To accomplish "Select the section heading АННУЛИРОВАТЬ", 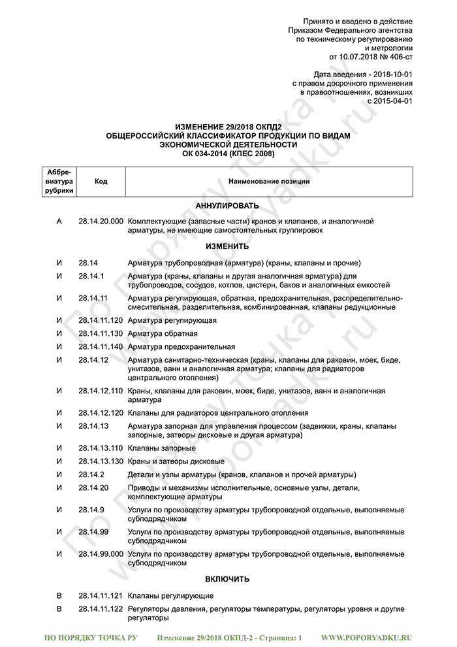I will pos(227,206).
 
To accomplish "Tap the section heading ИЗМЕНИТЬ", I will pos(227,247).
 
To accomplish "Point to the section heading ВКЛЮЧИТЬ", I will pos(227,580).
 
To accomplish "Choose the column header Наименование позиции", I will pos(269,181).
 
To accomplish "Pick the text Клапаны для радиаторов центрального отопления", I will pos(218,414).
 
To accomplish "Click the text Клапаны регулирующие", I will pos(170,596).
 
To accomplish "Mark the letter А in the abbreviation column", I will pos(59,222).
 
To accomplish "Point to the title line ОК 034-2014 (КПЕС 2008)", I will pos(227,154).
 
